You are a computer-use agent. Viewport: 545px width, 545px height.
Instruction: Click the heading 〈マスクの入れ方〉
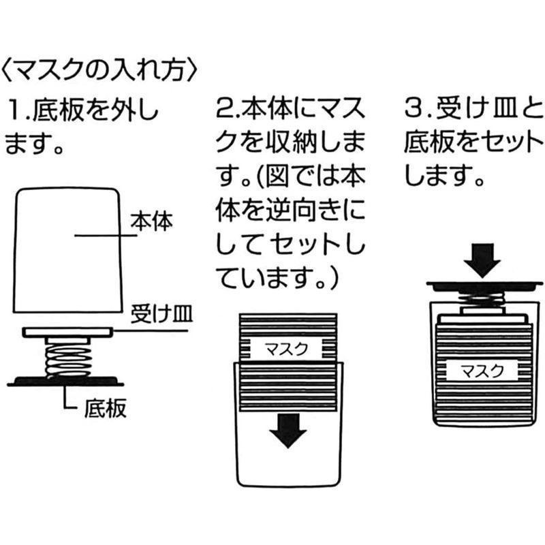pos(102,69)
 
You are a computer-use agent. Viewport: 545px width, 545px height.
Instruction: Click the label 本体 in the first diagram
pos(153,222)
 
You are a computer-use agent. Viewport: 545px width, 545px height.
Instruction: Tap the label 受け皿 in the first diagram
pos(163,314)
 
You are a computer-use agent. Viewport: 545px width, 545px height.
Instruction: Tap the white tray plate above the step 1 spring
pos(66,332)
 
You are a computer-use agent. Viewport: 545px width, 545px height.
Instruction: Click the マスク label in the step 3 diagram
pos(482,371)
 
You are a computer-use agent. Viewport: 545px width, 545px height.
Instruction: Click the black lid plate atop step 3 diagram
pos(484,283)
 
